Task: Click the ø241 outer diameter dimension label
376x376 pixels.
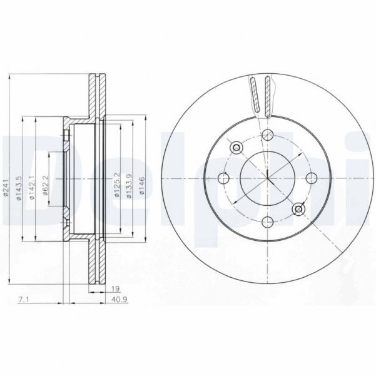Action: (5, 187)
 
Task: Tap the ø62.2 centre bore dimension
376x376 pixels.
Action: (46, 187)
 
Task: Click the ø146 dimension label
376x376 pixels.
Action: (142, 187)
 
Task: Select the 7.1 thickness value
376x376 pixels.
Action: (23, 302)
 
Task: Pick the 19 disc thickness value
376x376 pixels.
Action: (116, 290)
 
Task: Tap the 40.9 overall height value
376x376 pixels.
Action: (118, 302)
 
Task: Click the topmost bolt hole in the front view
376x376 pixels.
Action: (268, 135)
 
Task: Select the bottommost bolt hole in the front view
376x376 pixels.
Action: (268, 221)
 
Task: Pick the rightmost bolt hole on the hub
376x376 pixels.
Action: (311, 178)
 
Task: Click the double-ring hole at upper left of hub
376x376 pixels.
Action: (236, 148)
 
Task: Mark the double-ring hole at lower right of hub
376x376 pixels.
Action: (298, 209)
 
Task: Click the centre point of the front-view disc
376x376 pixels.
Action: (268, 178)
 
